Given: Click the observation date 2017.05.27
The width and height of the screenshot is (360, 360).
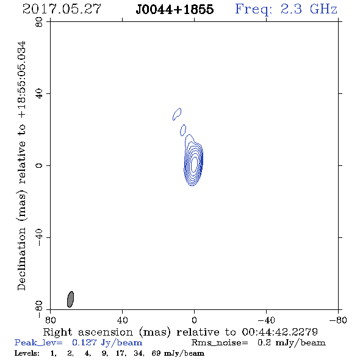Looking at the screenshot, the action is click(x=62, y=9).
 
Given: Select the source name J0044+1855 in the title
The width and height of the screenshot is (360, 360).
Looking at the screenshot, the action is click(x=175, y=10).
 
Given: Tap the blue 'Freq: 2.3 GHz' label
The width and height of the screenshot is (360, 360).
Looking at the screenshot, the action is click(x=286, y=10).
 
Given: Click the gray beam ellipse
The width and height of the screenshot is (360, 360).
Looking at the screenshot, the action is click(x=70, y=299).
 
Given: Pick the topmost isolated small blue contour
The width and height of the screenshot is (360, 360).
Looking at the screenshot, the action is click(x=177, y=114).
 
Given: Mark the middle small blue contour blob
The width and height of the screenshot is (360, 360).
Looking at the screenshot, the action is click(x=183, y=130).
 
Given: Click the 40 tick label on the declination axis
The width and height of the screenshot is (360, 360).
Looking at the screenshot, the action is click(x=39, y=94).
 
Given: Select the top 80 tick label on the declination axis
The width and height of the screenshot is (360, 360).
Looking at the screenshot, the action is click(x=39, y=22).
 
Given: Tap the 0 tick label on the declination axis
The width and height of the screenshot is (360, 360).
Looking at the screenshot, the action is click(x=39, y=165).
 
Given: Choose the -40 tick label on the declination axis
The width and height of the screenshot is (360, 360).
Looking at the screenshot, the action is click(x=39, y=237).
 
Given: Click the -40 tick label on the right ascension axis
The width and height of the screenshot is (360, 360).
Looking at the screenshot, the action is click(x=266, y=320).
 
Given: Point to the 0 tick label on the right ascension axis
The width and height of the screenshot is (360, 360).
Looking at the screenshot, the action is click(x=194, y=320).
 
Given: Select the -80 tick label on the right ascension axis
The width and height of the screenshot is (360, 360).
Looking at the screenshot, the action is click(x=338, y=320).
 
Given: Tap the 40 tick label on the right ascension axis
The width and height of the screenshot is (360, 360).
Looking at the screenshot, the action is click(x=123, y=320).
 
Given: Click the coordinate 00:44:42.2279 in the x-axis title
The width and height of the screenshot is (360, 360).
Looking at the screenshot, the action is click(x=280, y=332).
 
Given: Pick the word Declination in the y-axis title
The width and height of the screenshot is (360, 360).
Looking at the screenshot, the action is click(x=21, y=259).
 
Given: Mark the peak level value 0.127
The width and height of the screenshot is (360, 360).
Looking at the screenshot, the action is click(x=84, y=342).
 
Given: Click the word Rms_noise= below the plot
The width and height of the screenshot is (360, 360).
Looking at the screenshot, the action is click(x=220, y=343).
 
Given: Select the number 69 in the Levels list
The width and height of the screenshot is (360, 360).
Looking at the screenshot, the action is click(x=156, y=353).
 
